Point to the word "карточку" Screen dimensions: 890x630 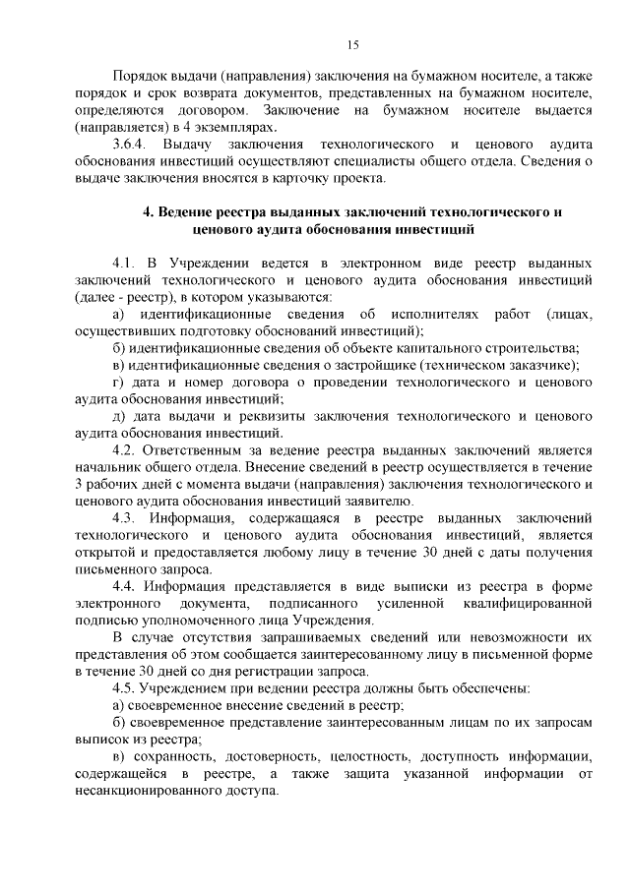coord(390,178)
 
